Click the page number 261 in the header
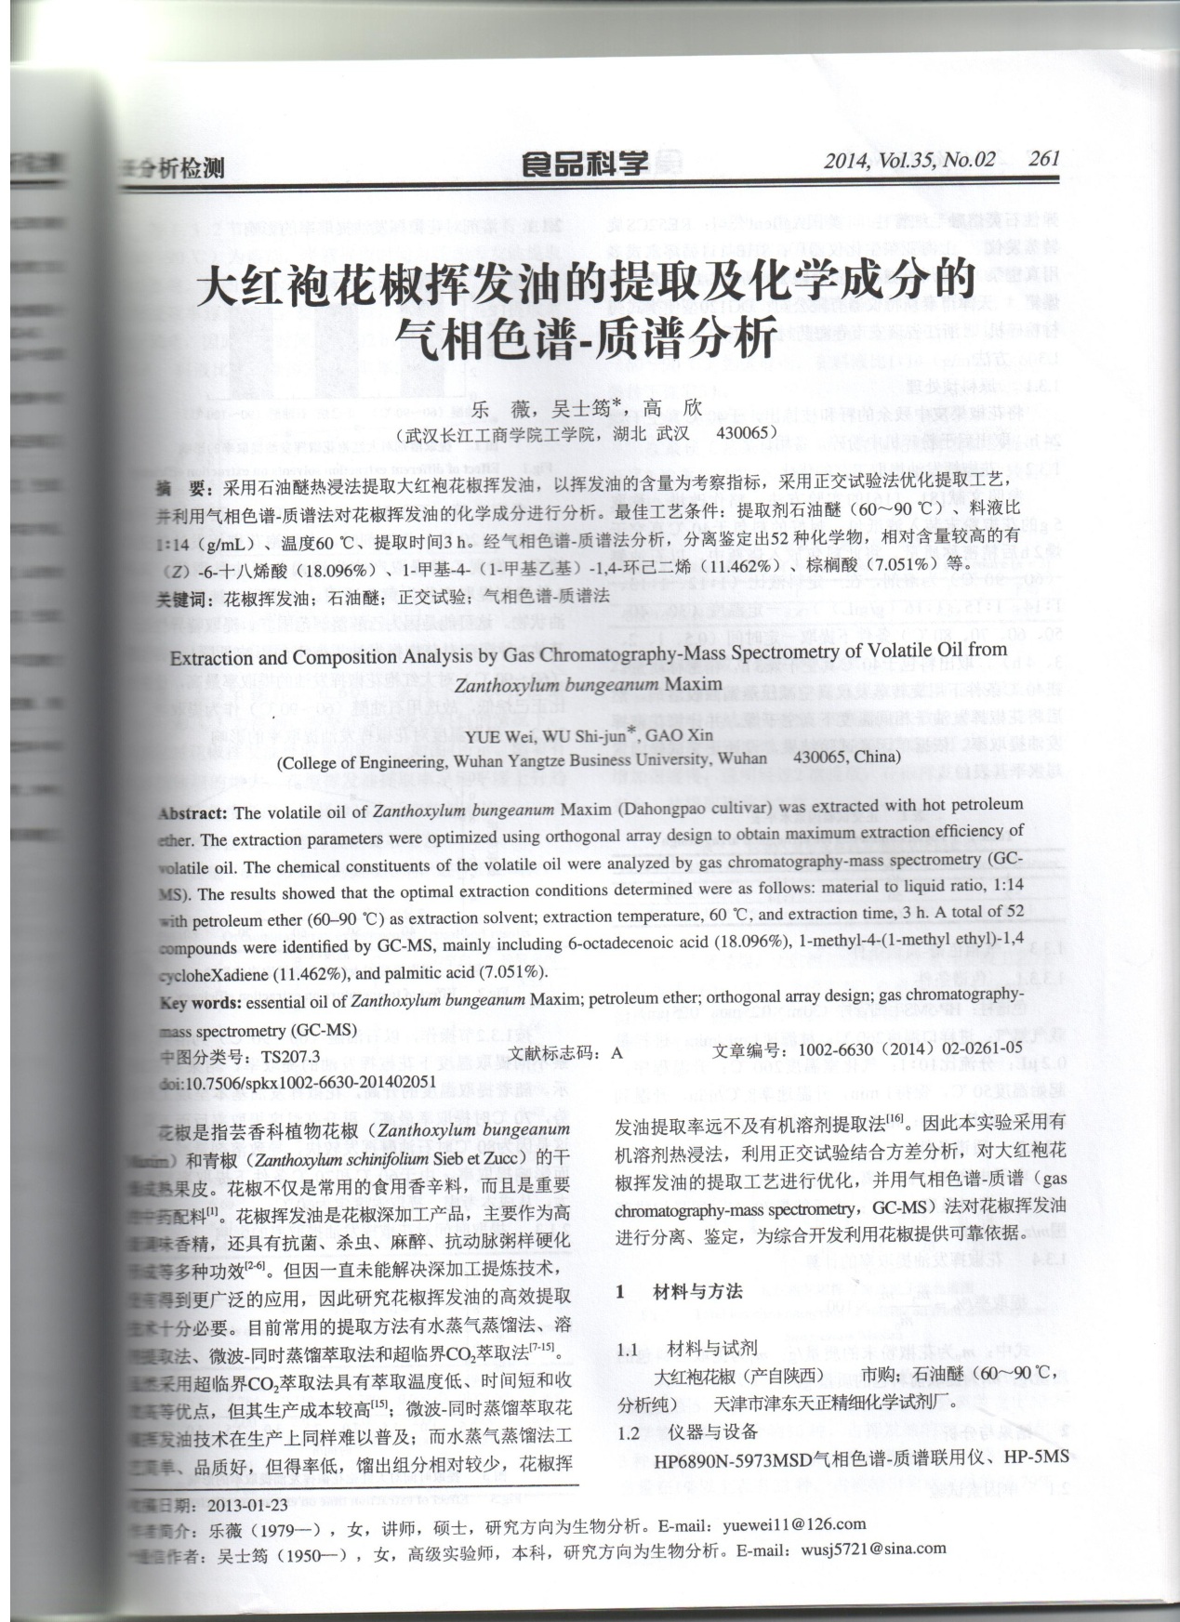(x=1044, y=158)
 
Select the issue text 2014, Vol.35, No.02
(x=908, y=160)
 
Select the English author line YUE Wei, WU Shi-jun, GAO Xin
(x=590, y=735)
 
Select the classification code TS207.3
(x=291, y=1057)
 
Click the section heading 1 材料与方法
(x=680, y=1291)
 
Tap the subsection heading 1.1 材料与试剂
(x=687, y=1349)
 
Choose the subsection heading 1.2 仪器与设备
(x=687, y=1432)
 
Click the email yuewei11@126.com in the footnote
(x=798, y=1523)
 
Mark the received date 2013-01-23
(x=249, y=1505)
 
